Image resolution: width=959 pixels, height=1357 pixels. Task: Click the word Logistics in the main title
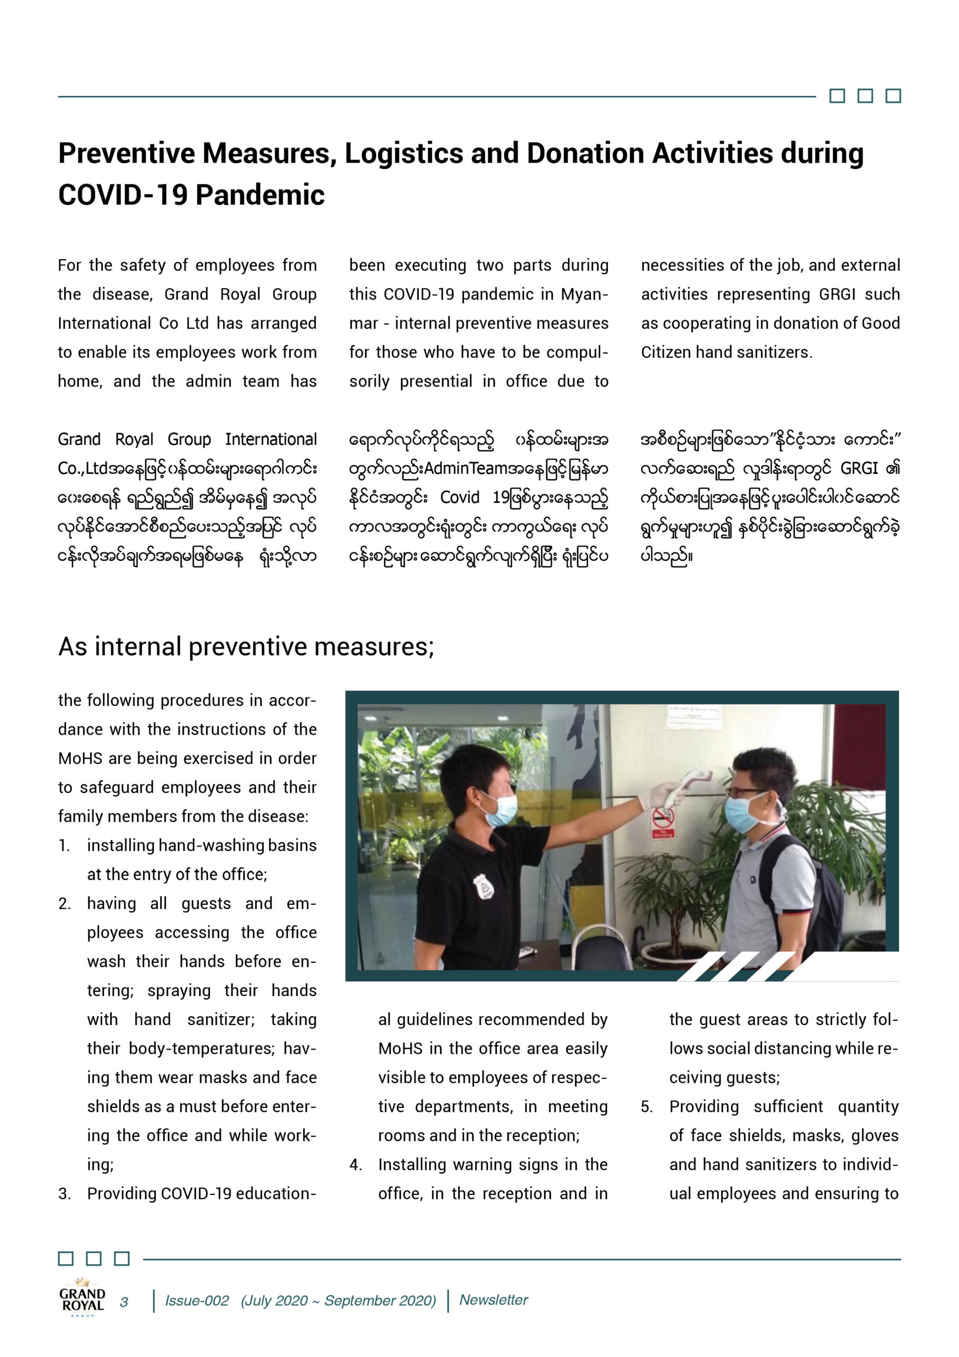click(403, 154)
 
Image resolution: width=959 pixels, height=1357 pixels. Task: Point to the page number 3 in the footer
click(124, 1302)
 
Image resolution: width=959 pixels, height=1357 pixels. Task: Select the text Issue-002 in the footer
click(197, 1301)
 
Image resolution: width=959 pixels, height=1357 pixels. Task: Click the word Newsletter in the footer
click(493, 1300)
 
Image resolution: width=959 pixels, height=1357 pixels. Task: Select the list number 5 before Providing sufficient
click(647, 1106)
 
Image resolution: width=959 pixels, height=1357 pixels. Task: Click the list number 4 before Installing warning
click(356, 1165)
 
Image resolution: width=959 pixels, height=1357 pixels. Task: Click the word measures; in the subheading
click(374, 647)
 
